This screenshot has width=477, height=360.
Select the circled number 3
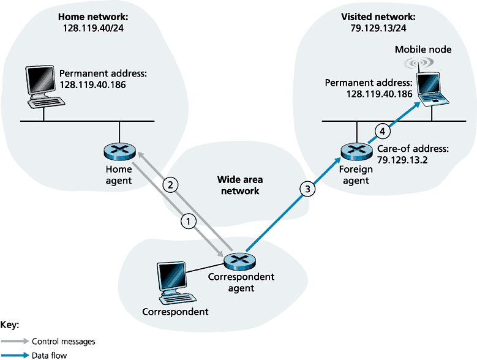click(x=309, y=189)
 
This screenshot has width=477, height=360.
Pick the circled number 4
click(x=382, y=130)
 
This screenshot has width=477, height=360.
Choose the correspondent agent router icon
click(x=237, y=262)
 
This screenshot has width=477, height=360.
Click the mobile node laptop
click(x=433, y=87)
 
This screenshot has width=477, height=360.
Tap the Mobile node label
click(x=420, y=50)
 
